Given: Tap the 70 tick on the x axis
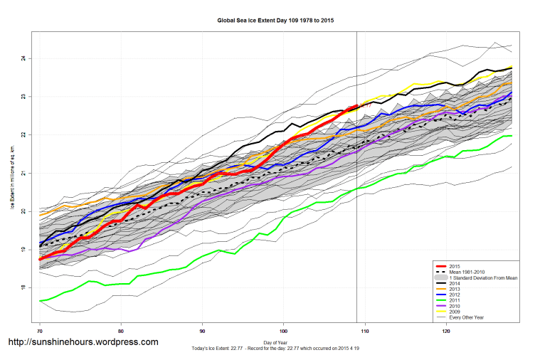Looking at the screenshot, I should (x=40, y=332).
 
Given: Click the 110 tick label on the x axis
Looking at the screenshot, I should (x=365, y=332).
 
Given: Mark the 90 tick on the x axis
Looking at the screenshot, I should (x=203, y=332).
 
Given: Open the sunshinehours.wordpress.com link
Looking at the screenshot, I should (x=83, y=342).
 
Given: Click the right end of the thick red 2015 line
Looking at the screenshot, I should (x=356, y=106).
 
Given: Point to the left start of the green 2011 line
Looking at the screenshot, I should (x=41, y=301).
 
